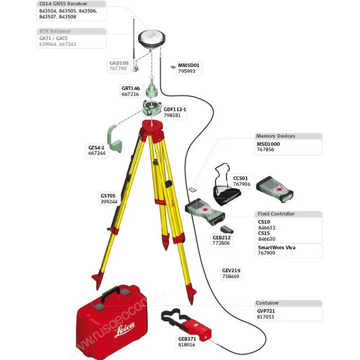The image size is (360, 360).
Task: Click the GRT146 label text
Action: click(131, 88)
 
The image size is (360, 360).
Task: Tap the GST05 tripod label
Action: click(109, 196)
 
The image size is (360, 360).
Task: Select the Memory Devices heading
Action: click(276, 136)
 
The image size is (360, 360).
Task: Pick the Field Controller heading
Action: click(276, 214)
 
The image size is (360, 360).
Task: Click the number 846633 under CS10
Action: click(268, 228)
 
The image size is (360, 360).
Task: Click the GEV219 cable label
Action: click(230, 270)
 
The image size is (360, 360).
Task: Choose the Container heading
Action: click(268, 303)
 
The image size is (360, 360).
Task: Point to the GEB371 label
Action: click(187, 339)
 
